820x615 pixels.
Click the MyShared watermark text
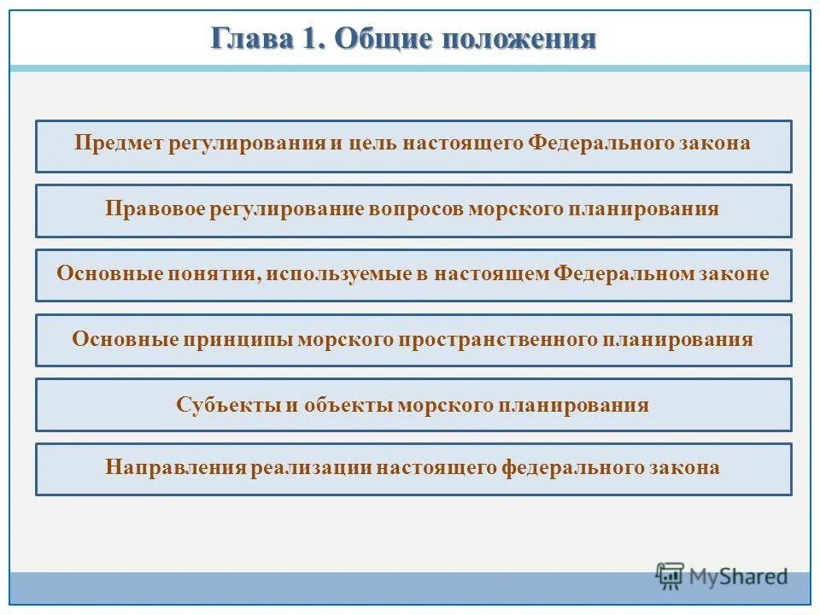(x=740, y=577)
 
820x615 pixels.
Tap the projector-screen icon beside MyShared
(x=671, y=577)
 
